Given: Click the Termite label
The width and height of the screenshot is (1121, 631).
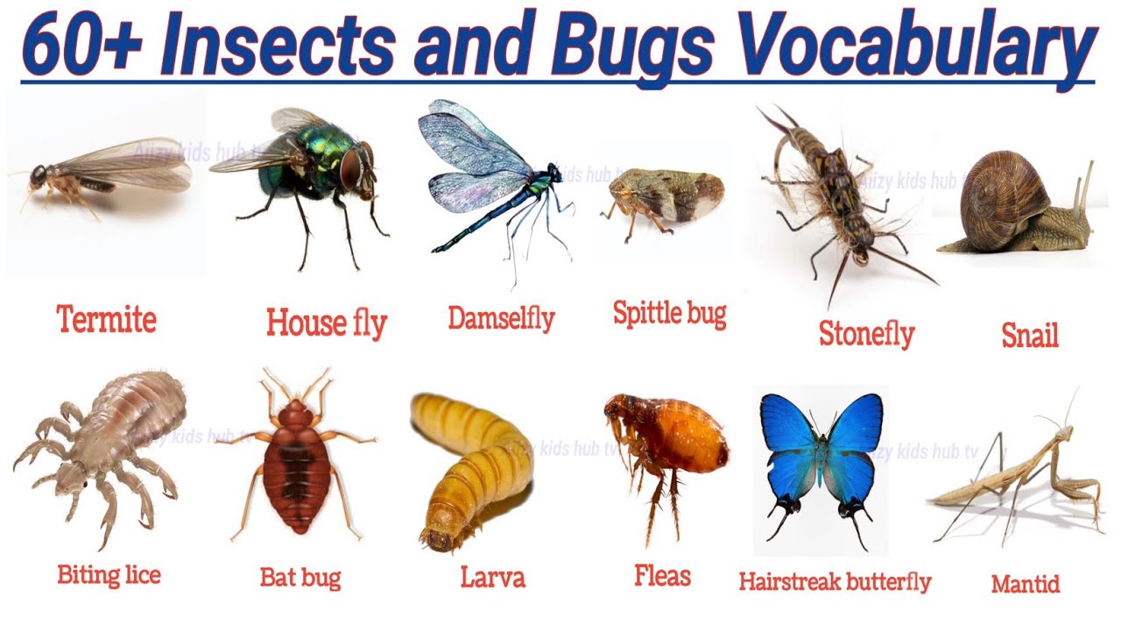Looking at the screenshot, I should (x=107, y=319).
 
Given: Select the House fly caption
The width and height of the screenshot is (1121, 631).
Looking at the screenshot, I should (x=326, y=323).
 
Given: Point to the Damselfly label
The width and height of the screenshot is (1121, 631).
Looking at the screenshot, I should (x=501, y=317).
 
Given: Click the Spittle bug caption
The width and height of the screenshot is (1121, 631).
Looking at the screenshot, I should (x=669, y=313).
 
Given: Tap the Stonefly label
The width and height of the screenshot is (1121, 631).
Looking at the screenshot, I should (x=866, y=333).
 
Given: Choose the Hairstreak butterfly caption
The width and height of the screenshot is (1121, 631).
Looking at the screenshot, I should (x=835, y=581).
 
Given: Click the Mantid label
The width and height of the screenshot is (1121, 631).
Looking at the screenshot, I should (x=1026, y=584).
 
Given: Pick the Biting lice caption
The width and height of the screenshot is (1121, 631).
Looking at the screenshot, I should (x=109, y=575).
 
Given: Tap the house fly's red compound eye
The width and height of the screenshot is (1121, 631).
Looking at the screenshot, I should (x=353, y=168).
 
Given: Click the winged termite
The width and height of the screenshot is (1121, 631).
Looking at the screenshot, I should (x=105, y=175).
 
